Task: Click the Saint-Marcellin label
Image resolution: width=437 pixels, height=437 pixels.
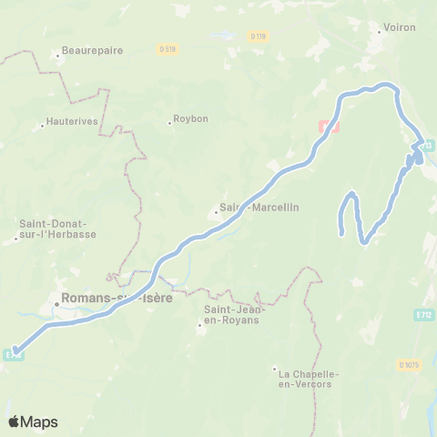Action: (261, 207)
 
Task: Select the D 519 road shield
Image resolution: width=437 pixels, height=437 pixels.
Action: (167, 48)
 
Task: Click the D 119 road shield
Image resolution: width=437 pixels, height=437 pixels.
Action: (258, 36)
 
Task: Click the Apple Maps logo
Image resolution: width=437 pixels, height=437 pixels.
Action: (33, 422)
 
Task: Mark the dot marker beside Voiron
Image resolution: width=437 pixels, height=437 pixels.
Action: (380, 34)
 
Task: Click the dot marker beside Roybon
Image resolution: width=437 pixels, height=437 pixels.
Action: (169, 122)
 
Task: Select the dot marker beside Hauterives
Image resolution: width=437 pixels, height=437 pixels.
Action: (43, 124)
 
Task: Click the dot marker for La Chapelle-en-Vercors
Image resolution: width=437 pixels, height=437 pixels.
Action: (274, 369)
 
